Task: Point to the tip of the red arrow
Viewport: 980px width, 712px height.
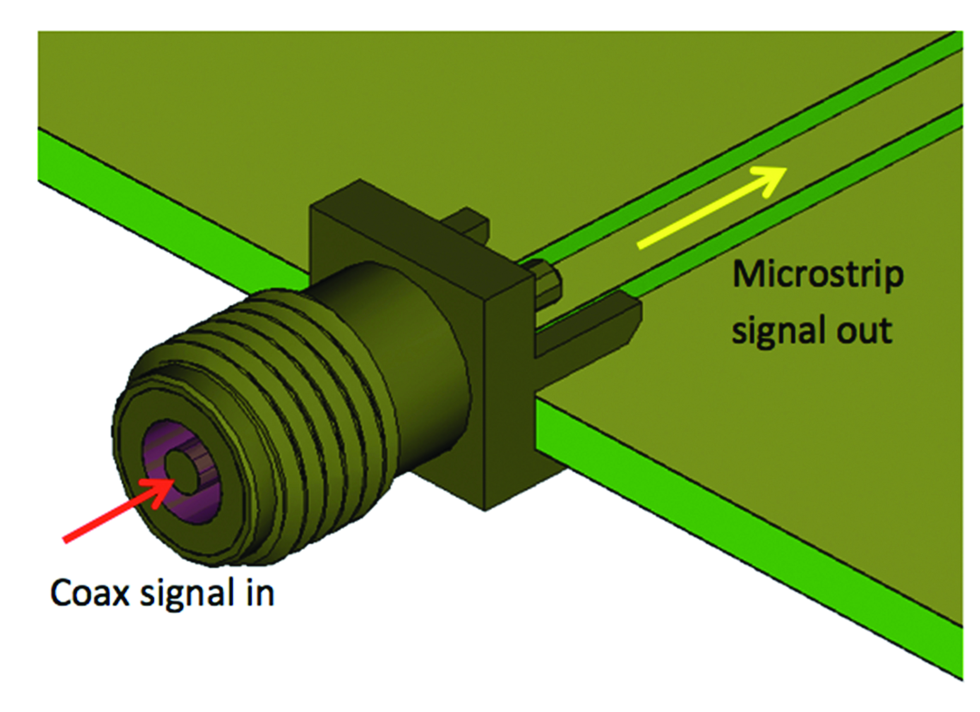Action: pyautogui.click(x=173, y=481)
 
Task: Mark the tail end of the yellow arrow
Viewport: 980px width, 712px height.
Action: pyautogui.click(x=640, y=247)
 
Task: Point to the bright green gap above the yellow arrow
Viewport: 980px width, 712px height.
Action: pyautogui.click(x=734, y=143)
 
